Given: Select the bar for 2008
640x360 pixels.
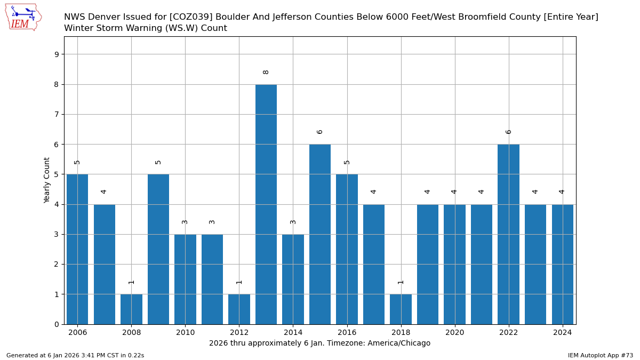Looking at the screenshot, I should (x=131, y=309).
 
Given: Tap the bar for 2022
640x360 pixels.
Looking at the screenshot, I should (x=508, y=234).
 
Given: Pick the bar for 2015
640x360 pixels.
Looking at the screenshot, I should (x=320, y=234).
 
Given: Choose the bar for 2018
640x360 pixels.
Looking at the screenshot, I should (x=401, y=309).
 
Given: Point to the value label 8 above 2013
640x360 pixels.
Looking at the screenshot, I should (x=266, y=72).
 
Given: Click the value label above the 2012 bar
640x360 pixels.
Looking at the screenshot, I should (x=239, y=282).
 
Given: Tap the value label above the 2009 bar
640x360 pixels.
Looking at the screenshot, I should (x=158, y=162).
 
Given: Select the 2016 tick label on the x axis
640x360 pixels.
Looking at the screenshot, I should (x=347, y=333).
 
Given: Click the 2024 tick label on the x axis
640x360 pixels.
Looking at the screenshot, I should (x=562, y=333).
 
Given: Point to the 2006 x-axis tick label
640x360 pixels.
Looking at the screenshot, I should (x=77, y=333).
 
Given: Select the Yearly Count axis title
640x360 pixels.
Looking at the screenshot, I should (x=47, y=180).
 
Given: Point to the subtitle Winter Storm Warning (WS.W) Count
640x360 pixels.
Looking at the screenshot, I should (x=146, y=28).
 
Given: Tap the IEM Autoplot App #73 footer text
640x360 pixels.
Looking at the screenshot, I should (x=601, y=355).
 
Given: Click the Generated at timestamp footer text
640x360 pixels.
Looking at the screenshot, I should (x=75, y=355).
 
